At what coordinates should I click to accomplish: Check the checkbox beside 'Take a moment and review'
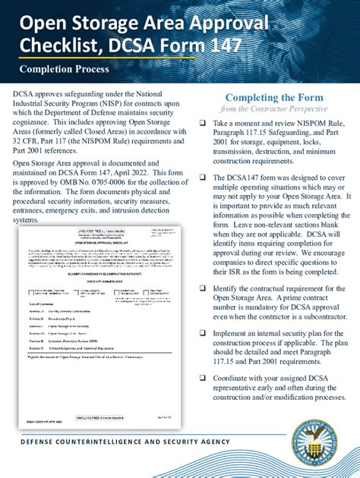pos(202,123)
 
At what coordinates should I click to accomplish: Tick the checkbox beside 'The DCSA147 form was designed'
pos(202,177)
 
